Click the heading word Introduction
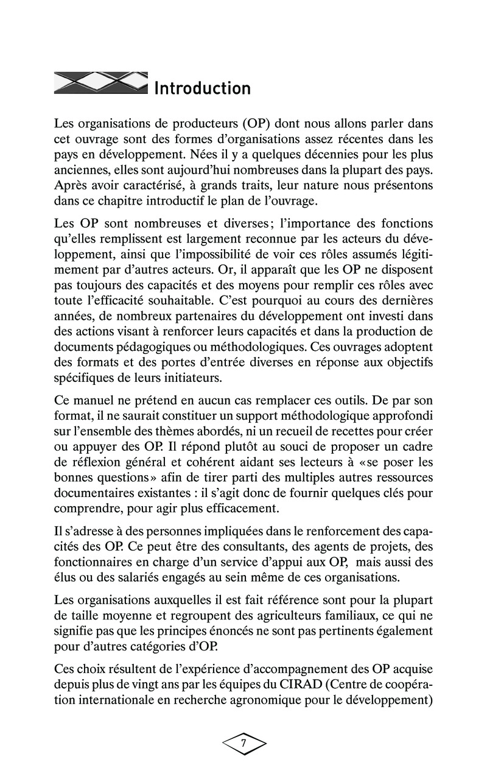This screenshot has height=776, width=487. point(202,89)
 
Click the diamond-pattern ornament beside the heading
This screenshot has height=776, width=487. point(101,83)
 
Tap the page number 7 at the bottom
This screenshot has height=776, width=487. point(243,743)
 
